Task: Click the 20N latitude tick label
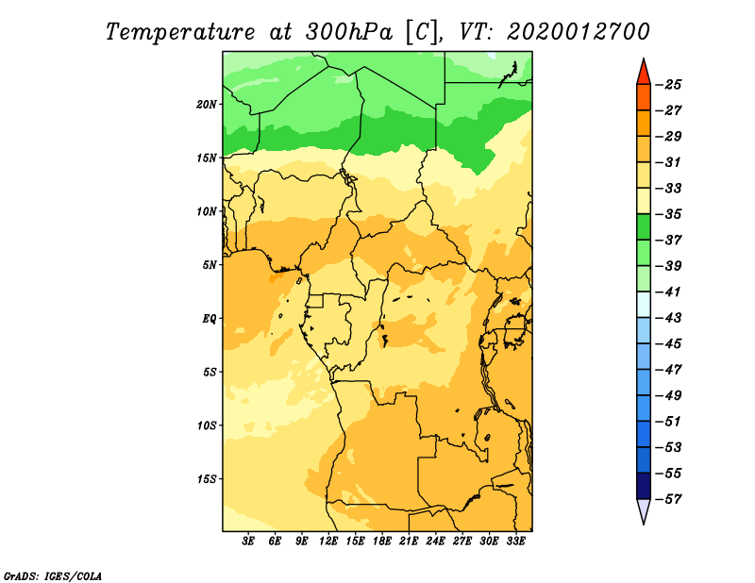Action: point(207,105)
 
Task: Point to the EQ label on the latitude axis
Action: point(209,319)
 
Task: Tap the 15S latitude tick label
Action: point(207,479)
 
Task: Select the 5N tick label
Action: point(210,265)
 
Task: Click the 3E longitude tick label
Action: point(248,541)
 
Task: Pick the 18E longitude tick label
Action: point(382,541)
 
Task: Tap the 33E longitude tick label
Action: point(515,541)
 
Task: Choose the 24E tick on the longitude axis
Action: point(435,541)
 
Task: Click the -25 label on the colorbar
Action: point(668,85)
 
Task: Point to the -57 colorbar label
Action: point(668,499)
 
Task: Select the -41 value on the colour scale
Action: point(668,292)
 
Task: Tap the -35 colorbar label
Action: point(668,214)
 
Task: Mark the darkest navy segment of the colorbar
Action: point(644,486)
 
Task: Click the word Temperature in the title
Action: point(180,32)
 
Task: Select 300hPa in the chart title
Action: point(348,32)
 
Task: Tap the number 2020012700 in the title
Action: point(579,32)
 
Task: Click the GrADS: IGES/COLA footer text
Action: point(53,576)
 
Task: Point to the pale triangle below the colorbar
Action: point(644,510)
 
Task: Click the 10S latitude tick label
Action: point(207,425)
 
